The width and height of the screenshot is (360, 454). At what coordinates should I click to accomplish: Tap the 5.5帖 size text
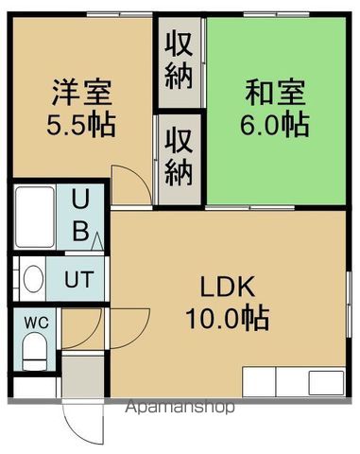click(x=81, y=124)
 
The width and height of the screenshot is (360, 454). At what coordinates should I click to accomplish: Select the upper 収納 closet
click(x=180, y=60)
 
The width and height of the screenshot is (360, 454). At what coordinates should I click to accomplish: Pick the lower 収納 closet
click(x=180, y=156)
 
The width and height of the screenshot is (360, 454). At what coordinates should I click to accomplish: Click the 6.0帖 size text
click(x=274, y=124)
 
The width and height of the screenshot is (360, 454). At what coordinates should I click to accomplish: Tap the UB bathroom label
click(x=81, y=216)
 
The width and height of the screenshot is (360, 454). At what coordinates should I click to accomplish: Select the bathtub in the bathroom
click(x=36, y=217)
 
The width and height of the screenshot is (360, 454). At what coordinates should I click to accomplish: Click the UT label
click(x=79, y=279)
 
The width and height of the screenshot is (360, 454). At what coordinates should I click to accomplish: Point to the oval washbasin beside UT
click(x=32, y=279)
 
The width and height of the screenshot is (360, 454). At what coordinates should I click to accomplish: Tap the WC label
click(x=35, y=323)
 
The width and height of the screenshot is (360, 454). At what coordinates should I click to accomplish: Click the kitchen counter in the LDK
click(x=294, y=382)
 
